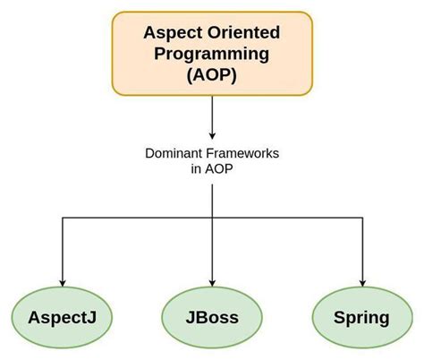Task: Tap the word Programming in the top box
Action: [213, 54]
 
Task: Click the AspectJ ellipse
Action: [61, 318]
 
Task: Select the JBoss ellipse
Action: [212, 318]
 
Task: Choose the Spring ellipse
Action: [361, 318]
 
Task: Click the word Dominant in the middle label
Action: [173, 153]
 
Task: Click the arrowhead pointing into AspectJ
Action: [61, 282]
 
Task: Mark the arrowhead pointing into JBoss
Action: [212, 282]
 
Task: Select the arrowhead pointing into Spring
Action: [362, 282]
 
